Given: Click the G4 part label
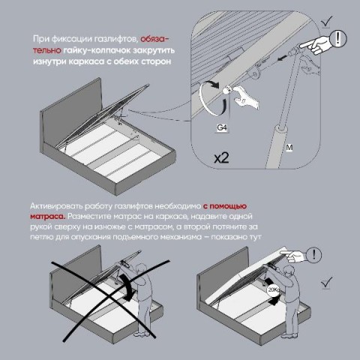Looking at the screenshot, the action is [222, 127].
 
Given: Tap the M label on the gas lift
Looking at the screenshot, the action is [289, 148].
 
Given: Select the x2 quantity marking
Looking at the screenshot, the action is [221, 157].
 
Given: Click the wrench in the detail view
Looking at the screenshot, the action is [246, 97].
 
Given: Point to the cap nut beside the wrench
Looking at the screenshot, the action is [227, 90].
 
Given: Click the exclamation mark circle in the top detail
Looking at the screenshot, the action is [338, 38].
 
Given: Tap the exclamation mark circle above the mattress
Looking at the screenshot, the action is [314, 255].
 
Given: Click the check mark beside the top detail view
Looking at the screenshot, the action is [327, 21].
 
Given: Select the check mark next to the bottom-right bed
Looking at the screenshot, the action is [327, 283].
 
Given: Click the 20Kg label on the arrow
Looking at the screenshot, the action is [274, 290].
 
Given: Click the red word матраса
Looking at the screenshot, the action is [47, 217].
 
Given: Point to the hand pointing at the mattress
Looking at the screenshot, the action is [293, 256].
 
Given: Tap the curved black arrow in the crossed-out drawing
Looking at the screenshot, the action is [127, 286].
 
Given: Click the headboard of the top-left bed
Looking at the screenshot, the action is [72, 110].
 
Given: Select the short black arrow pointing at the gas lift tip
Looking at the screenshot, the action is [282, 58].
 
